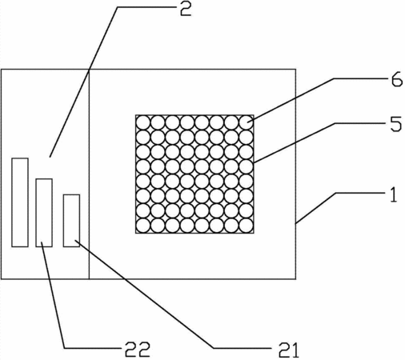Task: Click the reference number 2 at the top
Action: tap(186, 10)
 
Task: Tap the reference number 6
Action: tap(397, 80)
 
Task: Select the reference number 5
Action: tap(396, 124)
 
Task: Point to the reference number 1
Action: tap(394, 195)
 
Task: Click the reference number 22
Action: tap(138, 350)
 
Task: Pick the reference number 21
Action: tap(289, 350)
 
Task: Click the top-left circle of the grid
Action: tap(143, 122)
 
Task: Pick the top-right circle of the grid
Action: tap(246, 122)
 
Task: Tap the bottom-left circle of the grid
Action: tap(143, 226)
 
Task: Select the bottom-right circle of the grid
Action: tap(246, 226)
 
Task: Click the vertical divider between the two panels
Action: tap(89, 174)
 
